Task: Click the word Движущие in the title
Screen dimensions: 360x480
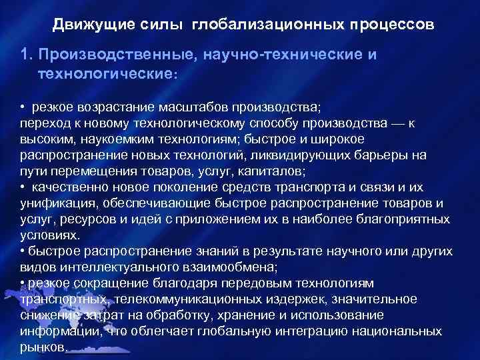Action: point(83,25)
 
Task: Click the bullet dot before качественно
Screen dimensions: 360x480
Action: point(22,186)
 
